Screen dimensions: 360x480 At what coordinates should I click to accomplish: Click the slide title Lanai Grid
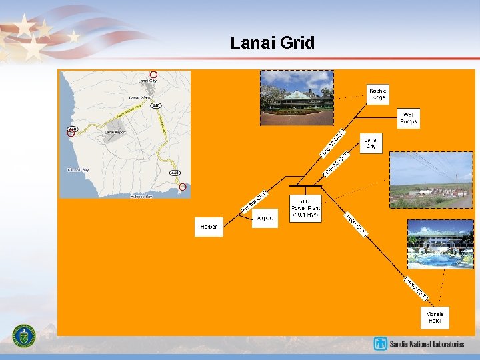(272, 43)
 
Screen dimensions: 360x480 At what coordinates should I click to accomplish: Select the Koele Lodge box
(377, 94)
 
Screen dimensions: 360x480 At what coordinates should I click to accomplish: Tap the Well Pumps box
(408, 119)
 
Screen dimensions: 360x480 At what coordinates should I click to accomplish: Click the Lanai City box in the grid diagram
(371, 143)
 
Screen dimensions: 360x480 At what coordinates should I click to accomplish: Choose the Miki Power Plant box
(306, 208)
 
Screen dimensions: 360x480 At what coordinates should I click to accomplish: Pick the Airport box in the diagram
(265, 218)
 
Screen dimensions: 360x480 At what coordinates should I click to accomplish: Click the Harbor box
(209, 227)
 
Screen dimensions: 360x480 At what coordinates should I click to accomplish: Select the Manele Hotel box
(435, 317)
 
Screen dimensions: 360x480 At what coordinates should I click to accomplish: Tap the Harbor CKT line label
(254, 202)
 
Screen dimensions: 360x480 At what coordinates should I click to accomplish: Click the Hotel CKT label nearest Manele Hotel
(417, 287)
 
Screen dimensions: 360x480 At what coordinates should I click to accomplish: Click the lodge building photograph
(297, 97)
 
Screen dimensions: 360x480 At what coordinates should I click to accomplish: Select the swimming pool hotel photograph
(440, 244)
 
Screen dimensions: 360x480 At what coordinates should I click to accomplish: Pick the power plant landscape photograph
(431, 180)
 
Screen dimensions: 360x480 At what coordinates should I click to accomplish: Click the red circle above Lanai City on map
(153, 75)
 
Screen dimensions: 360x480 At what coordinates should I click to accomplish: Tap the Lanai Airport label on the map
(115, 132)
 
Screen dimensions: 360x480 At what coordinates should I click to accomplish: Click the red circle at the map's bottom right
(183, 187)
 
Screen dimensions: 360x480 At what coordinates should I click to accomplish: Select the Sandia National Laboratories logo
(419, 344)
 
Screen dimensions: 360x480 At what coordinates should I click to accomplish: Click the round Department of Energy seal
(25, 335)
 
